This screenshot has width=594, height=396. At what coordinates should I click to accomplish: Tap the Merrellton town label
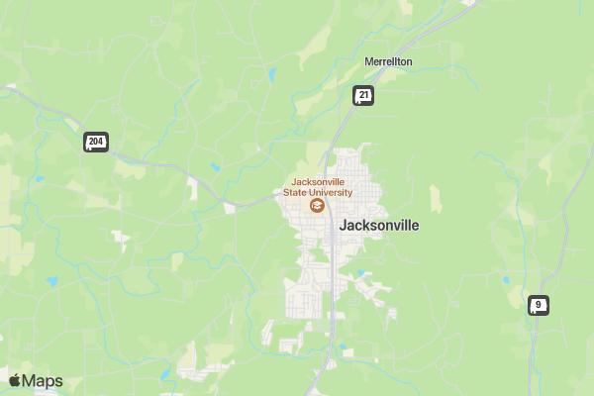pos(388,61)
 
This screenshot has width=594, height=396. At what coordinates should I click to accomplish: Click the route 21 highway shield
pos(364,95)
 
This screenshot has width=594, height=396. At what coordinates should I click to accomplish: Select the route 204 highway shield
pos(95,143)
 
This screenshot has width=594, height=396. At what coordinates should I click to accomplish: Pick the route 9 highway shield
pos(539,305)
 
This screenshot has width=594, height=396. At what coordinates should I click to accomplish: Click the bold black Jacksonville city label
pos(378,226)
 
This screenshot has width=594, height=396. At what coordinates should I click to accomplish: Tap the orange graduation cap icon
pos(317,206)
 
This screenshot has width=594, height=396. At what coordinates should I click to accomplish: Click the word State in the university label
pos(296,193)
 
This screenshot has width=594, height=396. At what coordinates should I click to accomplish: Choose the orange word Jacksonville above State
pos(317,182)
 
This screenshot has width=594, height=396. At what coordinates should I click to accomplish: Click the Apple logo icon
pos(15,381)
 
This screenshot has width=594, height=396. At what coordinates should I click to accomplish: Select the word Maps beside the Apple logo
pos(44,381)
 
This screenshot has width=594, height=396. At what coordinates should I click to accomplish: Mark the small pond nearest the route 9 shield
pos(507,281)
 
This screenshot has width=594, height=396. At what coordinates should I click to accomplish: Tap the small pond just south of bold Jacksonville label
pos(362,273)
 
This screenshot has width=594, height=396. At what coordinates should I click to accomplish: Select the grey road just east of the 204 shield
pos(124,148)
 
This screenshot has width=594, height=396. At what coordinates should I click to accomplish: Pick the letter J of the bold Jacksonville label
pos(343,226)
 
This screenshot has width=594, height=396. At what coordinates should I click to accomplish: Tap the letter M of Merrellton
pos(368,61)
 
